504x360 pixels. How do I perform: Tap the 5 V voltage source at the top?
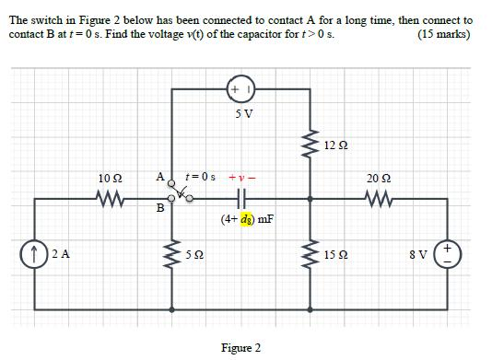pos(242,90)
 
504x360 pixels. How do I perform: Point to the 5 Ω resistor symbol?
pos(172,251)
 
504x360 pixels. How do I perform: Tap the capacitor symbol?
pos(243,195)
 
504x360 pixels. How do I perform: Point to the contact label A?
pos(159,175)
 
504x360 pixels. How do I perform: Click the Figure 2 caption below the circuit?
pos(241,348)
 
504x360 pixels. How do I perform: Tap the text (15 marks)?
pos(443,34)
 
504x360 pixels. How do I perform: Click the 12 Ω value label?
pos(337,145)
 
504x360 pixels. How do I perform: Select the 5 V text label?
pos(243,114)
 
